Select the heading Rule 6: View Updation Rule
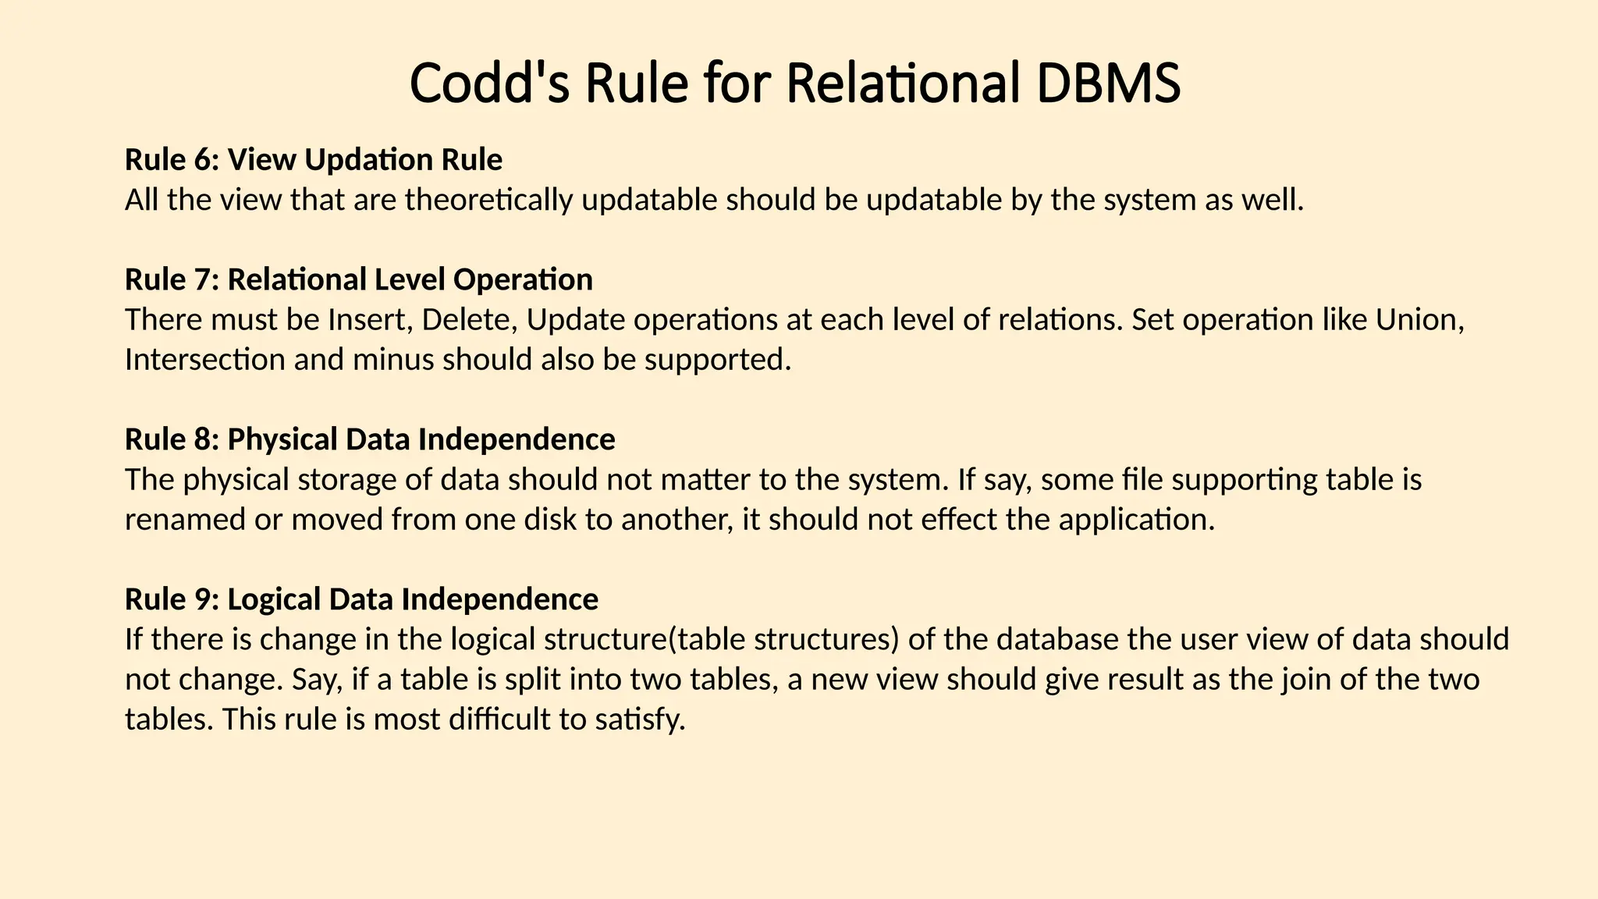[314, 160]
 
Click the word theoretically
[489, 201]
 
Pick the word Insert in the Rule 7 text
[362, 320]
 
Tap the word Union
[1419, 320]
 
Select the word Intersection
[204, 360]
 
